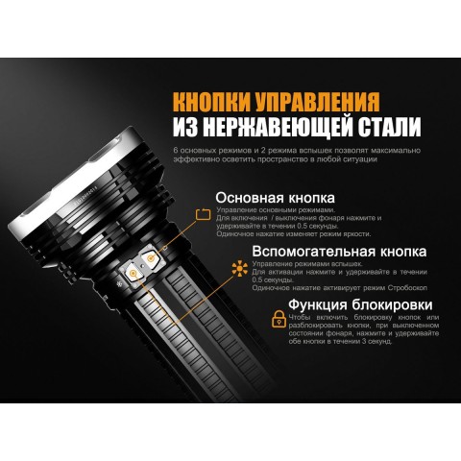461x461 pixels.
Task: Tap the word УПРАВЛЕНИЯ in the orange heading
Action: click(312, 102)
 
